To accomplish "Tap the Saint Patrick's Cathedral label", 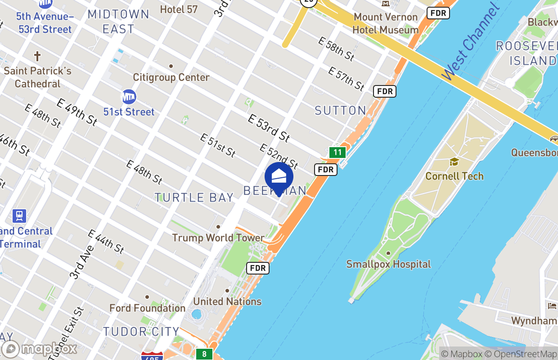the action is tap(38, 77).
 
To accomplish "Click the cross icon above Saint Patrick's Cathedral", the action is tap(37, 57).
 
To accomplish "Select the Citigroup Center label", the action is tap(171, 77).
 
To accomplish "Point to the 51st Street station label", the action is tap(129, 112).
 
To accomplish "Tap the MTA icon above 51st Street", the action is tap(129, 97).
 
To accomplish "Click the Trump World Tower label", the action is tap(218, 238).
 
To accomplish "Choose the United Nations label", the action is tap(227, 301).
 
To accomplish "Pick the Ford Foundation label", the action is tap(148, 308).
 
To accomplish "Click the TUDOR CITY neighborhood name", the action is tap(141, 332).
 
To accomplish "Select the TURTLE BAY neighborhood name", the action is tap(194, 198).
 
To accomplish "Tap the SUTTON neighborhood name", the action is tap(340, 110).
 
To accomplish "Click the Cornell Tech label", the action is tap(454, 176).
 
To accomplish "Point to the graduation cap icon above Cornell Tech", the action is tap(454, 162).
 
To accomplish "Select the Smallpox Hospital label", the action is tap(388, 264).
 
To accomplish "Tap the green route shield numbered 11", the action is tap(337, 152).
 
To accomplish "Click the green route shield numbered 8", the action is tap(204, 354).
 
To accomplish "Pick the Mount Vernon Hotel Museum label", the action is tap(385, 23).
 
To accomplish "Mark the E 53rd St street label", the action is tap(269, 128).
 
